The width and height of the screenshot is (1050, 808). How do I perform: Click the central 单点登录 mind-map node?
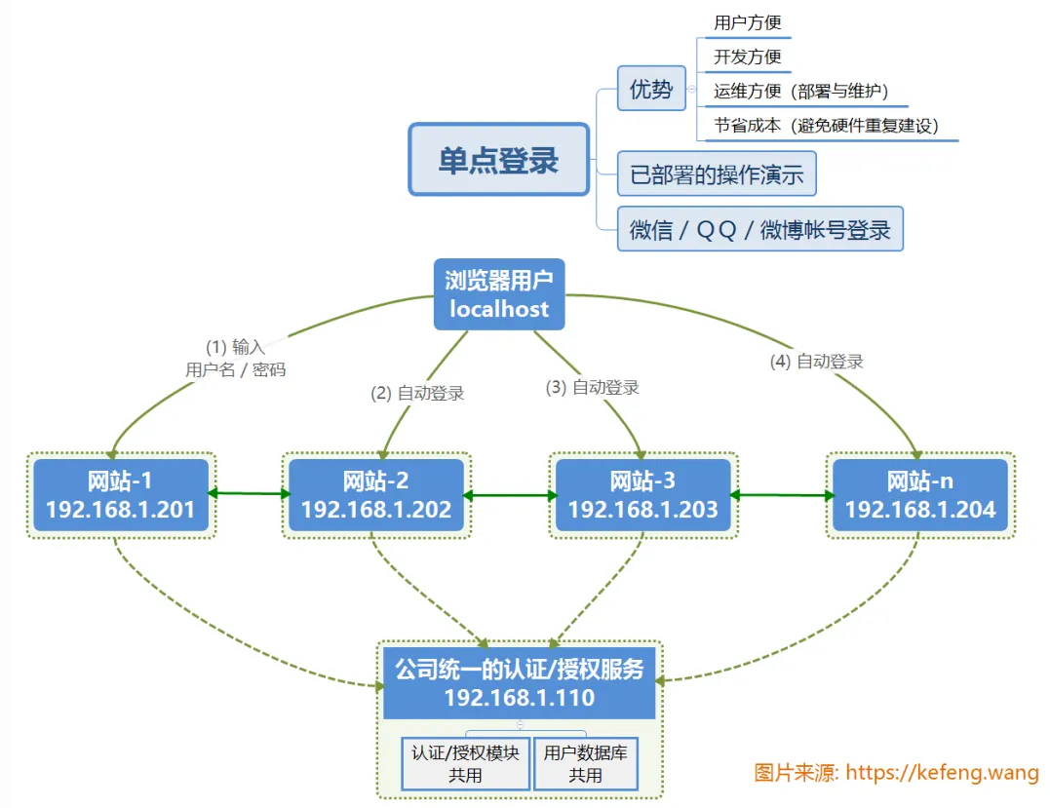click(x=498, y=160)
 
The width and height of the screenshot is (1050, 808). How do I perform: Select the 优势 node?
click(x=651, y=90)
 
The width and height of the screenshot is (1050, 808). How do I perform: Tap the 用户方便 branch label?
click(x=748, y=23)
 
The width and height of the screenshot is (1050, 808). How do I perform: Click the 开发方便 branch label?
click(x=748, y=58)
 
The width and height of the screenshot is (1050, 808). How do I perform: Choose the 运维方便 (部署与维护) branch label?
click(x=799, y=92)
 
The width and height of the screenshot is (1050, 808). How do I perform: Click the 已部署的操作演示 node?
click(x=717, y=175)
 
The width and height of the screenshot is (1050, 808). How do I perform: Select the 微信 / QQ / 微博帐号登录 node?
click(x=760, y=230)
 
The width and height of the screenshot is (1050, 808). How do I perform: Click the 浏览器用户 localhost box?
click(x=499, y=294)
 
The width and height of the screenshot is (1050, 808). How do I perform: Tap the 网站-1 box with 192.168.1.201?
click(x=121, y=495)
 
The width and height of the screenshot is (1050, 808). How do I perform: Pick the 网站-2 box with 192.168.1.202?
click(x=376, y=495)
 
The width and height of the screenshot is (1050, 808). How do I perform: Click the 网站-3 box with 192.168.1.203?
click(x=643, y=495)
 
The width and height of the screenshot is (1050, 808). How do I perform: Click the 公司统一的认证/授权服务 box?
click(x=519, y=683)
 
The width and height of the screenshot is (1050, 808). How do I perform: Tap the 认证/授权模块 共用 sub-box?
click(x=465, y=763)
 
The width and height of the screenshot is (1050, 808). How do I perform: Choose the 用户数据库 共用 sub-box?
click(x=586, y=763)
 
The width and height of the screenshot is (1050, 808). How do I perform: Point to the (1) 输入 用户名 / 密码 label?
click(x=235, y=358)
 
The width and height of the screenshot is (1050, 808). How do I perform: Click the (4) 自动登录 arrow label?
click(x=817, y=362)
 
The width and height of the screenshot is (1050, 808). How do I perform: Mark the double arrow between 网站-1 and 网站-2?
click(x=249, y=494)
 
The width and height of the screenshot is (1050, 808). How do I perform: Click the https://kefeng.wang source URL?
click(x=942, y=773)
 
